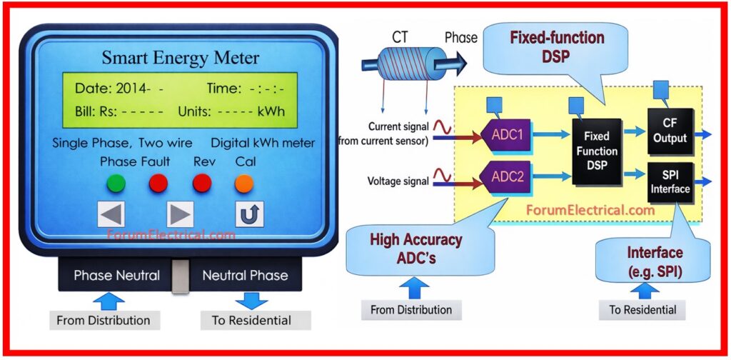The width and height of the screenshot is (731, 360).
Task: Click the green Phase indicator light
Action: click(116, 184)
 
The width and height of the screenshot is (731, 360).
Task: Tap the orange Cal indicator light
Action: click(244, 184)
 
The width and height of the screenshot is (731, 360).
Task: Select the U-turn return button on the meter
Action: click(249, 214)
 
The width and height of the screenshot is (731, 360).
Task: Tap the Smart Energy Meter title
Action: click(180, 58)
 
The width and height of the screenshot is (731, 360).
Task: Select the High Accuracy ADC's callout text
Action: click(415, 248)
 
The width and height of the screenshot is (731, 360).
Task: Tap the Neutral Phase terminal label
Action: click(245, 275)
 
